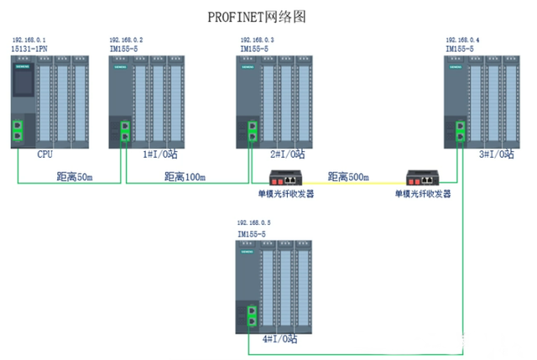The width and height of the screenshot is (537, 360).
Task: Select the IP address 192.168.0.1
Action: (29, 40)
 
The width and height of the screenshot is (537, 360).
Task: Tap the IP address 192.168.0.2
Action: (127, 40)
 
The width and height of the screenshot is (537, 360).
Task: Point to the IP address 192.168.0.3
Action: (257, 40)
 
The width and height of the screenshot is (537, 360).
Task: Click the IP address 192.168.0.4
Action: (462, 40)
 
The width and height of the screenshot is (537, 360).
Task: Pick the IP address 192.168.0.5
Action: (255, 223)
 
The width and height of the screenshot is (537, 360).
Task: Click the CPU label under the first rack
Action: (44, 155)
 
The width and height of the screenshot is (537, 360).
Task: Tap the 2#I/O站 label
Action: (286, 155)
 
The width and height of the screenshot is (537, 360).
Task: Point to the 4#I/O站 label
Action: (280, 338)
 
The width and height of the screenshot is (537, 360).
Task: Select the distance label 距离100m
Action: (185, 177)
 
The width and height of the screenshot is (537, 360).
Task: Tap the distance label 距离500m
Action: (347, 177)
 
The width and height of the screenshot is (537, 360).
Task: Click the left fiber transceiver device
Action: (286, 178)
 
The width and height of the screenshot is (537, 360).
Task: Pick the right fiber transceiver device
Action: (423, 178)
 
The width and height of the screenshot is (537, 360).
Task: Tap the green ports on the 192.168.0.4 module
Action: (459, 131)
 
